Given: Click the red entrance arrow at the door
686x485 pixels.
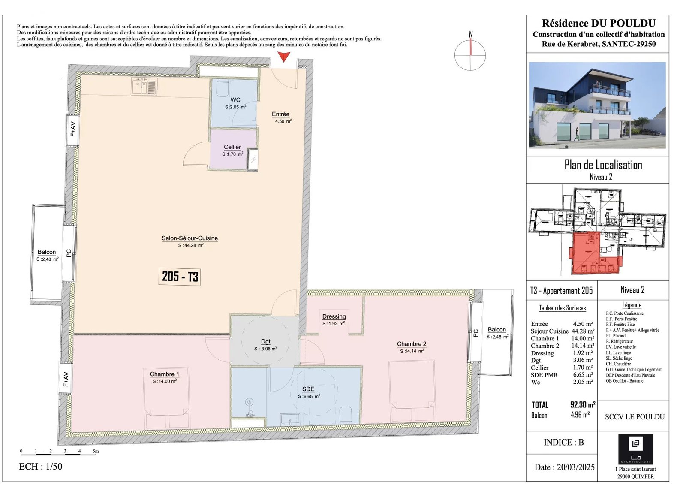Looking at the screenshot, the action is [x=284, y=57].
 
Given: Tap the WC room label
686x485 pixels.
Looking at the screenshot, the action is [x=235, y=100].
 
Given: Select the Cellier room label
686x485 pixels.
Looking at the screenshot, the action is [x=232, y=147].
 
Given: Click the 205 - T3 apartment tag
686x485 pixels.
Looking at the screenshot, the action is [x=180, y=277].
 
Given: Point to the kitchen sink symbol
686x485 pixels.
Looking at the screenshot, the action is [x=144, y=86].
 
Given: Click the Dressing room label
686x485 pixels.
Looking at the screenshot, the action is [x=334, y=316].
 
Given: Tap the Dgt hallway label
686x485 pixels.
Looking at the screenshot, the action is [x=265, y=342].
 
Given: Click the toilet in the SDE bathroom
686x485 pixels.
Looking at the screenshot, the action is [x=346, y=415].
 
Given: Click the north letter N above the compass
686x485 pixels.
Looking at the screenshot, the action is [x=471, y=35].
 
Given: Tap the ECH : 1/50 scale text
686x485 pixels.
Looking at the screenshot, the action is [x=40, y=467].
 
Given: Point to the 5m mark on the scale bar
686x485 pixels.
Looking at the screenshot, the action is [x=96, y=451].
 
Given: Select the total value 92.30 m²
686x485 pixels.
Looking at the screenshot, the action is [x=583, y=405].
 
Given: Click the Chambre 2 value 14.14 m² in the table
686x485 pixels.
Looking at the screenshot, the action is [x=584, y=346].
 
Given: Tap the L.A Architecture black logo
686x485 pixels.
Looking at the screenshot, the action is [x=635, y=449].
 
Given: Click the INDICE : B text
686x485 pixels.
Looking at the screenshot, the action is [x=564, y=443].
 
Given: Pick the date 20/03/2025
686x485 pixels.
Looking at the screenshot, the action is [x=575, y=467].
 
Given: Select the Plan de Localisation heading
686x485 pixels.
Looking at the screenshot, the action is [x=603, y=165].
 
